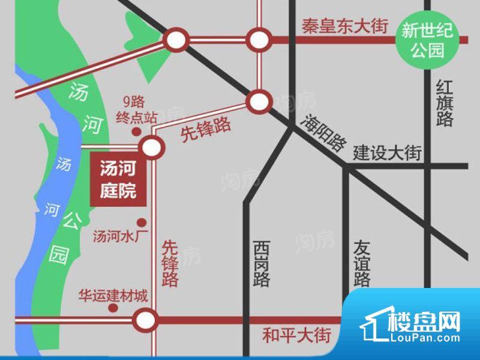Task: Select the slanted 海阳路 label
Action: click(x=325, y=133)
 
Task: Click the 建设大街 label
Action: click(x=388, y=152)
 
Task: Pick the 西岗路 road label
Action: click(x=261, y=263)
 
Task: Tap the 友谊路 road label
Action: click(x=362, y=263)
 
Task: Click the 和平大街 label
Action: click(x=296, y=334)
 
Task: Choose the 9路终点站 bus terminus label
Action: click(x=136, y=109)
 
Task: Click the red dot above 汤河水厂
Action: click(x=142, y=221)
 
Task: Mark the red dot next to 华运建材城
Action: click(x=112, y=308)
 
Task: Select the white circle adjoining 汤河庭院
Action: click(x=150, y=147)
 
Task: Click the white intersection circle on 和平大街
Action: click(x=145, y=319)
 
